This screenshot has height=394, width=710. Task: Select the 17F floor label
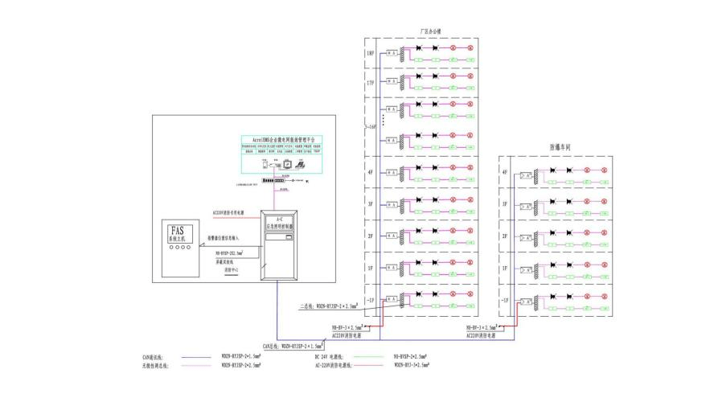pyautogui.click(x=371, y=82)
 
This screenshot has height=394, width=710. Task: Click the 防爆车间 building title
pyautogui.click(x=560, y=148)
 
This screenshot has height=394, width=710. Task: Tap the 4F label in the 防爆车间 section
pyautogui.click(x=505, y=172)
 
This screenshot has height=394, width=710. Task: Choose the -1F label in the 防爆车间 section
pyautogui.click(x=504, y=301)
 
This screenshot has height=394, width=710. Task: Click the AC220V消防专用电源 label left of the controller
pyautogui.click(x=228, y=214)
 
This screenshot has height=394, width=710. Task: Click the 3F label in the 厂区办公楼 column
pyautogui.click(x=371, y=205)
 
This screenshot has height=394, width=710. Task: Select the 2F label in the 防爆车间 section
pyautogui.click(x=505, y=236)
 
